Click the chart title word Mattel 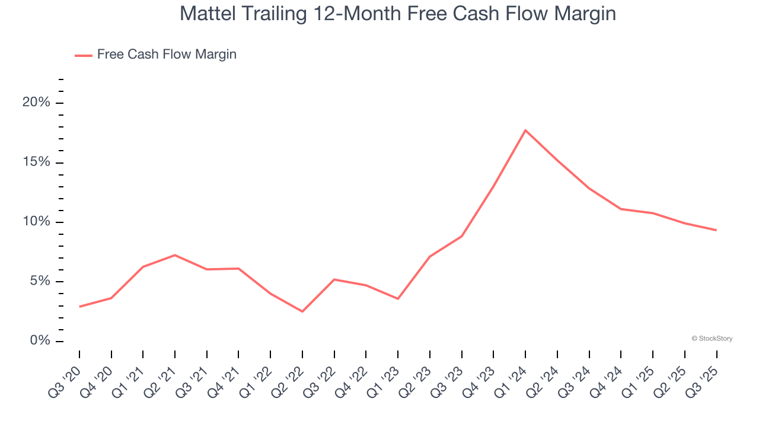208,14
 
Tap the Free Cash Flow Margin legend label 167,55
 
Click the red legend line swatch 83,55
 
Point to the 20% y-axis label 36,103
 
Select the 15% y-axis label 36,162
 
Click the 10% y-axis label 36,222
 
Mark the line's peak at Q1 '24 525,130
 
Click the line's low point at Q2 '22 302,311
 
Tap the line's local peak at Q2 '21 175,255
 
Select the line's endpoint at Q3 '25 716,230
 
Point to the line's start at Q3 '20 79,307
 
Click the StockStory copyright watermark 712,339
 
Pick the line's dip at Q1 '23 398,299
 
